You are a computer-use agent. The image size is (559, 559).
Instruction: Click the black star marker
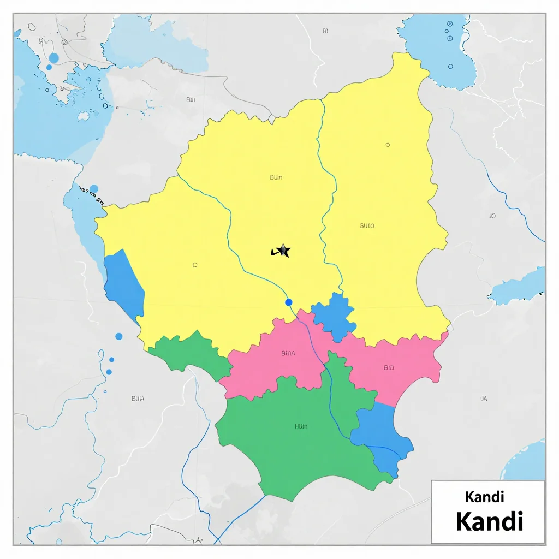(x=283, y=251)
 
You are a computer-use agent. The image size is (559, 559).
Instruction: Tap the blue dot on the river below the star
(x=289, y=302)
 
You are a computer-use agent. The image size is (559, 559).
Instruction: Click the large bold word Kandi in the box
(x=490, y=521)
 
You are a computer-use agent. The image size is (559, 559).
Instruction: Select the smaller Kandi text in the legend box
(x=484, y=497)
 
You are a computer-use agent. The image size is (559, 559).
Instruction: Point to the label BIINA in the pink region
(x=288, y=353)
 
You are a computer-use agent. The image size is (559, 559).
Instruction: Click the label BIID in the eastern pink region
(x=389, y=368)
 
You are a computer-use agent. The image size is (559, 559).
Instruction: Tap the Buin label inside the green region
(x=301, y=426)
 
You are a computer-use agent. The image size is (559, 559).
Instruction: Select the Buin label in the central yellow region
(x=276, y=177)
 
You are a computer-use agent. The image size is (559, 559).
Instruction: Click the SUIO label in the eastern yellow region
(x=367, y=225)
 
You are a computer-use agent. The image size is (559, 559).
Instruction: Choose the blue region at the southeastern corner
(x=382, y=434)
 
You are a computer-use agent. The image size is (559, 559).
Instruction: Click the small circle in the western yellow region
(x=195, y=265)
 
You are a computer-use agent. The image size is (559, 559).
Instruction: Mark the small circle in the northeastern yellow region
(x=388, y=145)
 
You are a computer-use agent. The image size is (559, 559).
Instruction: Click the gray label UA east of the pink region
(x=483, y=399)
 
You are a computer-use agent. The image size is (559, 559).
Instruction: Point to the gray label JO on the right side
(x=492, y=216)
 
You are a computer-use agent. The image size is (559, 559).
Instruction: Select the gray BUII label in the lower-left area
(x=138, y=399)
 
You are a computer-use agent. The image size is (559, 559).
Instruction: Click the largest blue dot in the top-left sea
(x=53, y=58)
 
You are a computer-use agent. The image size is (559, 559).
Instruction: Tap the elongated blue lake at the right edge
(x=519, y=287)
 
